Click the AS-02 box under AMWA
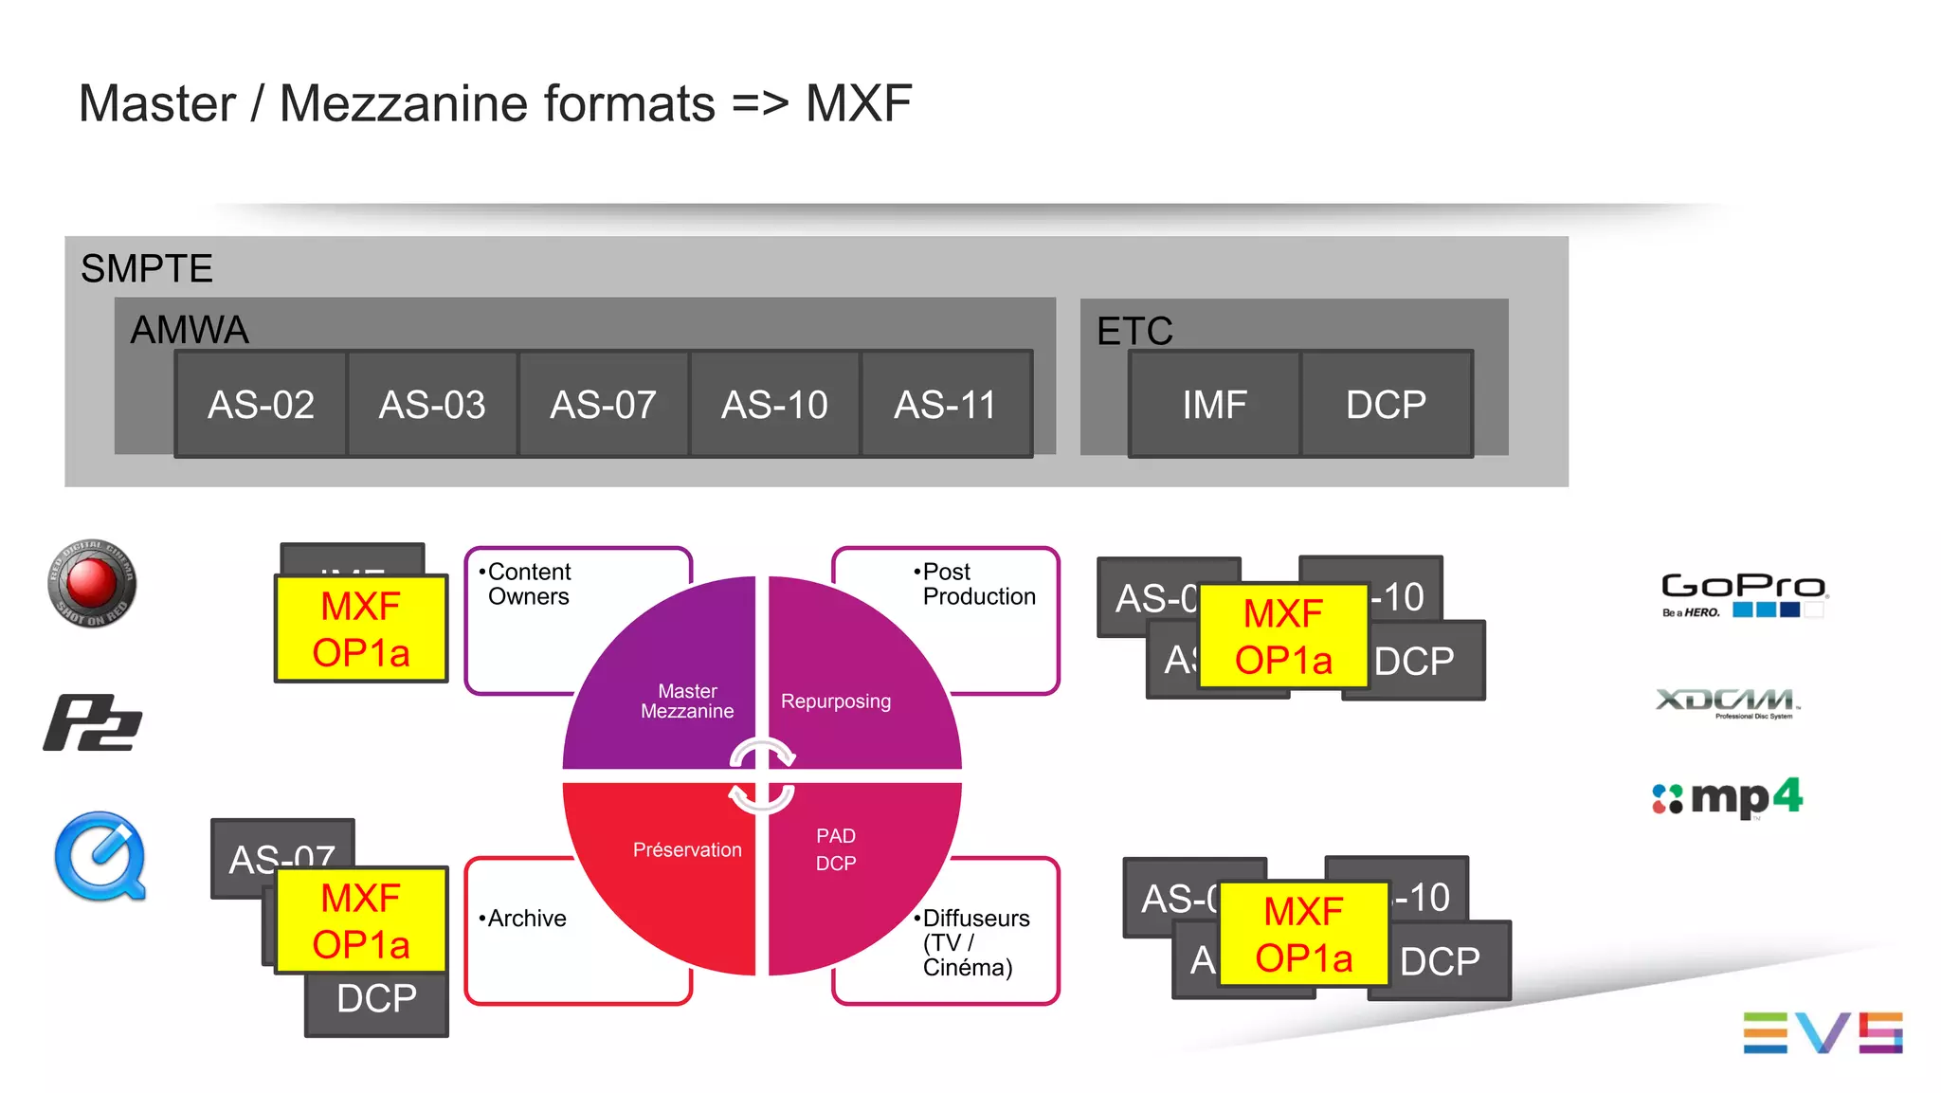pyautogui.click(x=261, y=405)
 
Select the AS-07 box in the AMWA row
pyautogui.click(x=604, y=405)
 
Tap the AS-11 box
pyautogui.click(x=946, y=405)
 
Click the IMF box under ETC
pyautogui.click(x=1214, y=405)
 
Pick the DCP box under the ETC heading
pyautogui.click(x=1386, y=405)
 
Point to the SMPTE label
pyautogui.click(x=147, y=269)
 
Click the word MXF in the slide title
pyautogui.click(x=858, y=103)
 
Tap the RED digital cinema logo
pyautogui.click(x=92, y=583)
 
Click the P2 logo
pyautogui.click(x=92, y=723)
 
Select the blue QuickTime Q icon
pyautogui.click(x=100, y=856)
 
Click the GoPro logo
pyautogui.click(x=1743, y=593)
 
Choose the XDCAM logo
pyautogui.click(x=1727, y=702)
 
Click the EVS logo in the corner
pyautogui.click(x=1822, y=1032)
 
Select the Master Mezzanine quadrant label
pyautogui.click(x=687, y=701)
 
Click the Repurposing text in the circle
pyautogui.click(x=835, y=701)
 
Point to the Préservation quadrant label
pyautogui.click(x=687, y=850)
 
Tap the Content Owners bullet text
pyautogui.click(x=528, y=584)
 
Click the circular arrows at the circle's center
pyautogui.click(x=762, y=775)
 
